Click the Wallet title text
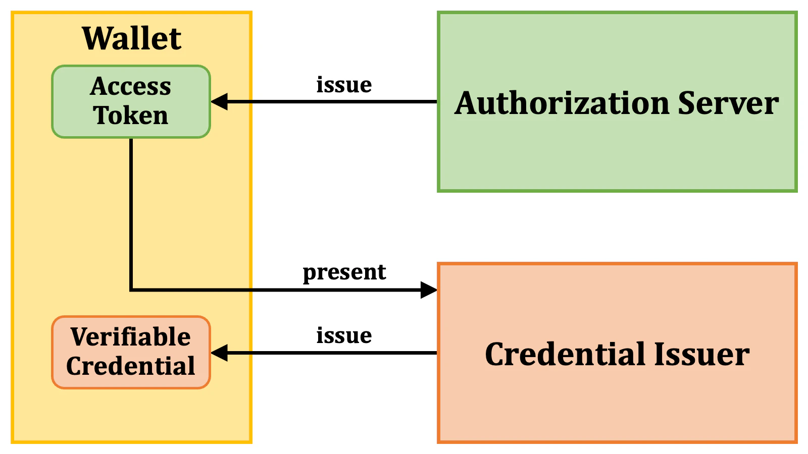coord(131,39)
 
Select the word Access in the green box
coord(131,87)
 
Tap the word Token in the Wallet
coord(131,116)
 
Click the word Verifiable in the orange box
coord(131,337)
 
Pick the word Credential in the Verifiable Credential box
coord(131,366)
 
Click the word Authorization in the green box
coord(562,103)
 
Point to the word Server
coord(728,103)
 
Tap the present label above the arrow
coord(344,273)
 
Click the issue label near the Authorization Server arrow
coord(344,85)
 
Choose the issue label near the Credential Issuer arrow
coord(344,335)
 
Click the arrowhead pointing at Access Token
coord(219,102)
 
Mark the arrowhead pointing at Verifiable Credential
coord(219,353)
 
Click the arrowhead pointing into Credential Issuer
coord(429,290)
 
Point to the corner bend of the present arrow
coord(131,290)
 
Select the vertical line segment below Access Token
coord(131,212)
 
